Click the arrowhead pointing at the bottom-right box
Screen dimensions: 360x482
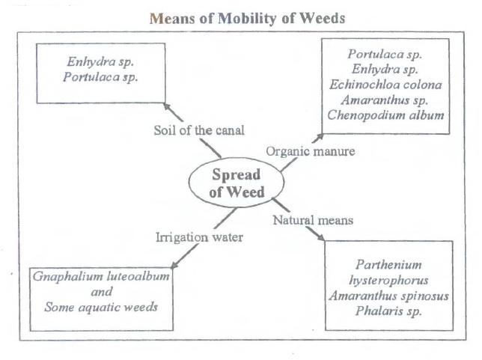pyautogui.click(x=323, y=237)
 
